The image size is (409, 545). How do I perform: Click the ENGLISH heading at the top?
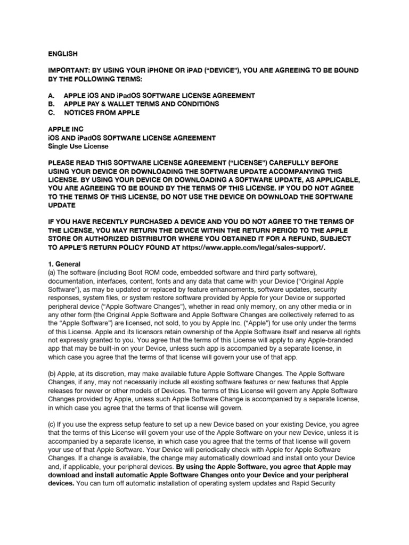63,54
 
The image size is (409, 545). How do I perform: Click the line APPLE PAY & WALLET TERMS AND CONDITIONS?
141,104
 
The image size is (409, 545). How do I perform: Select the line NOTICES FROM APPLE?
102,113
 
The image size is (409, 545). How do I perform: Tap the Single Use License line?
78,146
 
